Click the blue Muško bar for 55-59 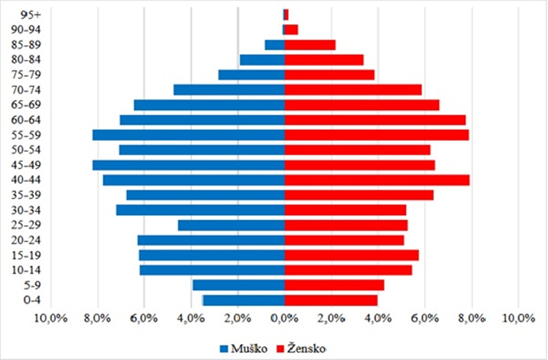pyautogui.click(x=189, y=135)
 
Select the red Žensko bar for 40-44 pyautogui.click(x=377, y=180)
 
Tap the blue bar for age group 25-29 pyautogui.click(x=231, y=226)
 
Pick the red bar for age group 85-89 pyautogui.click(x=310, y=45)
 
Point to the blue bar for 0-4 pyautogui.click(x=244, y=300)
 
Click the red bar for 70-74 pyautogui.click(x=353, y=90)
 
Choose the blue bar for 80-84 pyautogui.click(x=262, y=60)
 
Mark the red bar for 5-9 pyautogui.click(x=334, y=285)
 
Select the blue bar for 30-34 pyautogui.click(x=200, y=210)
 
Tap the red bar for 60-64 pyautogui.click(x=375, y=120)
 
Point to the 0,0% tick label pyautogui.click(x=285, y=318)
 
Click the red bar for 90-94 pyautogui.click(x=291, y=30)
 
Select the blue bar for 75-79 pyautogui.click(x=252, y=75)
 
